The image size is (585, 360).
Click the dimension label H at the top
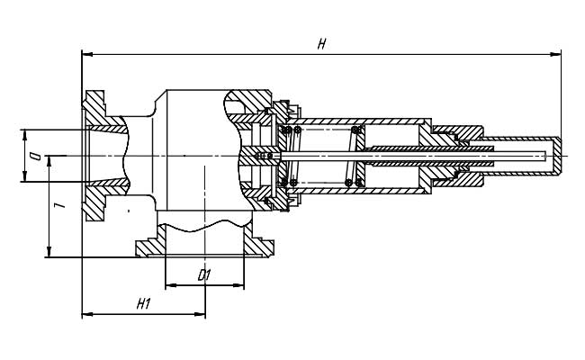point(321,45)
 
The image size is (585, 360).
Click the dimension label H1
point(143,304)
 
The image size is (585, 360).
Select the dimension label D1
point(204,275)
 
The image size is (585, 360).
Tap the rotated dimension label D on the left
point(36,156)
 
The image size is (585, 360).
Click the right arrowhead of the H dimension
point(555,55)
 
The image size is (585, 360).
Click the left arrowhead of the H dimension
point(87,55)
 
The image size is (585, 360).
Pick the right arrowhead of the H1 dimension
point(200,314)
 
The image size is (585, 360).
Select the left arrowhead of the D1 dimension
point(171,285)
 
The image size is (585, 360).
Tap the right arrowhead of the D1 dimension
point(238,285)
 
